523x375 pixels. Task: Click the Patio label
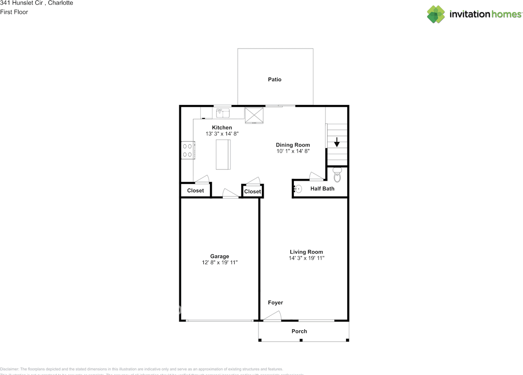point(275,79)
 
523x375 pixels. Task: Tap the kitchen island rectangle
point(223,154)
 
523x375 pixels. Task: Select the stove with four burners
point(188,150)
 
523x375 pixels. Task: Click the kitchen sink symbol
point(223,112)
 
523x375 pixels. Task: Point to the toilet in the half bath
point(337,175)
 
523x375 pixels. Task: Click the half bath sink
point(298,189)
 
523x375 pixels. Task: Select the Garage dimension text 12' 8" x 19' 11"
point(220,263)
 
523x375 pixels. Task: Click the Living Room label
point(306,252)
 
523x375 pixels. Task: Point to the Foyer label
point(275,303)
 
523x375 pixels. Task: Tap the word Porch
point(299,331)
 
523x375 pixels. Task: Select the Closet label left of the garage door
point(195,191)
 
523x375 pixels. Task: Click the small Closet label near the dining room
point(253,192)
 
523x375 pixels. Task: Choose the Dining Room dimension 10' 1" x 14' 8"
point(293,151)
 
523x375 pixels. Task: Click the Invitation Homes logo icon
point(436,14)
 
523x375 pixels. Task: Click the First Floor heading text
point(14,12)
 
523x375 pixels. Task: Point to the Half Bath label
point(322,189)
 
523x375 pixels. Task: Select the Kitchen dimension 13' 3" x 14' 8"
point(222,134)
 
